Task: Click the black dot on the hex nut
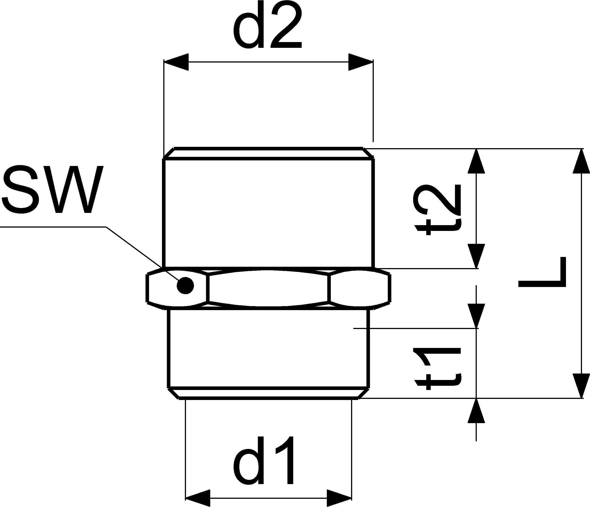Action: pos(185,285)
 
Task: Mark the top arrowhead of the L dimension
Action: pos(581,161)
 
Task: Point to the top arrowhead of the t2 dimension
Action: pos(476,161)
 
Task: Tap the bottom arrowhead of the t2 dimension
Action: pos(476,256)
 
